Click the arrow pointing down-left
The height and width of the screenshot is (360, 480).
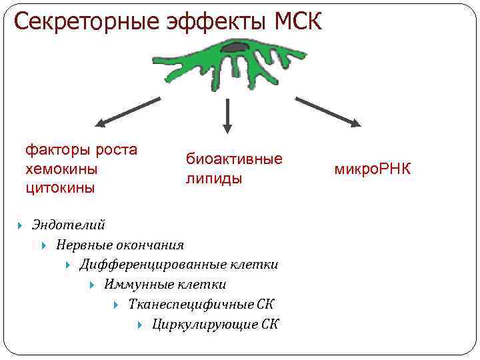point(127,112)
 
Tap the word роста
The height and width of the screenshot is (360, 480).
point(117,149)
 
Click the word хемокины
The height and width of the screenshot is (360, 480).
point(61,169)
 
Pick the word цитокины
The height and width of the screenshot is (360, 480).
point(60,188)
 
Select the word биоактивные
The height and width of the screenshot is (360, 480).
point(234,159)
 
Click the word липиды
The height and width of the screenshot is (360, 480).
point(214,179)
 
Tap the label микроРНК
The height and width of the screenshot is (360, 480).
point(373,169)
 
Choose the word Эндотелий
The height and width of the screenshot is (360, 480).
point(68,225)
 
